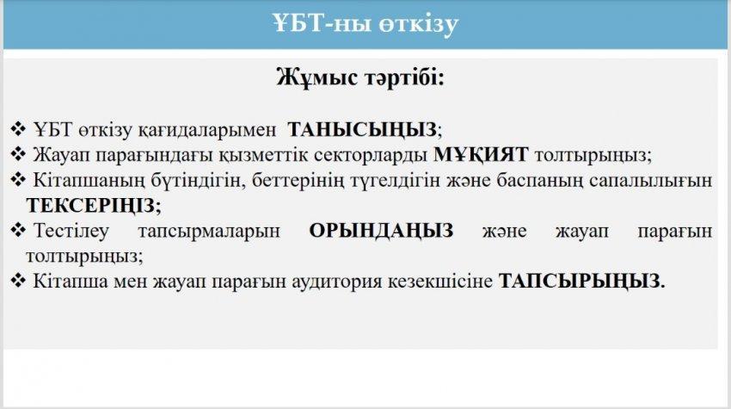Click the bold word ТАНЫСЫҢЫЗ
(x=362, y=130)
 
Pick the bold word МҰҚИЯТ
(x=481, y=154)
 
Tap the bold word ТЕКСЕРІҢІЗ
(x=91, y=206)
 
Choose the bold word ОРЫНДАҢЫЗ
(x=381, y=231)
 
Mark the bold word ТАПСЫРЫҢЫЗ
(x=580, y=281)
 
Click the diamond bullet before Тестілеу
(x=18, y=230)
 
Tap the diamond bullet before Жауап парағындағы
(x=18, y=153)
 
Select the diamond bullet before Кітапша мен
(x=18, y=280)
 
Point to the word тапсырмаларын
(x=209, y=232)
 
